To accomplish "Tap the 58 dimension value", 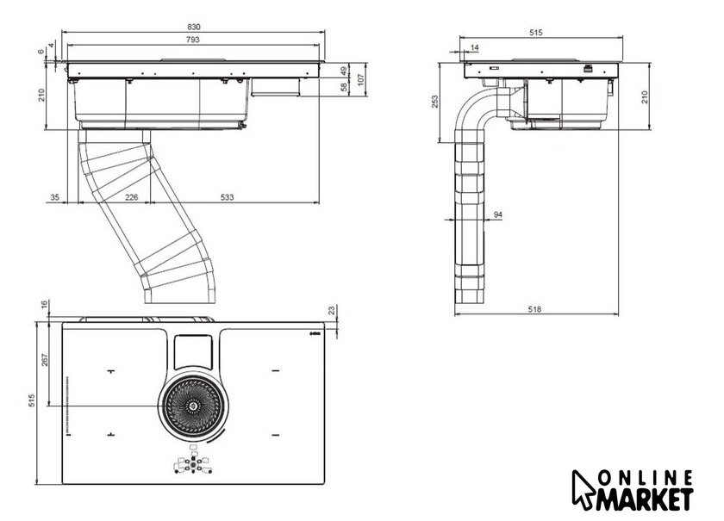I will (x=342, y=87).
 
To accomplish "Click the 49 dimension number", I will (x=342, y=71).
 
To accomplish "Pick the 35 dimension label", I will (x=54, y=199).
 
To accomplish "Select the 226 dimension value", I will (x=131, y=199).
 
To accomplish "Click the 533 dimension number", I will (x=226, y=199).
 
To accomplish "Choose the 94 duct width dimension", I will (x=498, y=214).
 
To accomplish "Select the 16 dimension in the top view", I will (x=45, y=306).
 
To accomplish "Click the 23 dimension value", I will (x=332, y=311).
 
